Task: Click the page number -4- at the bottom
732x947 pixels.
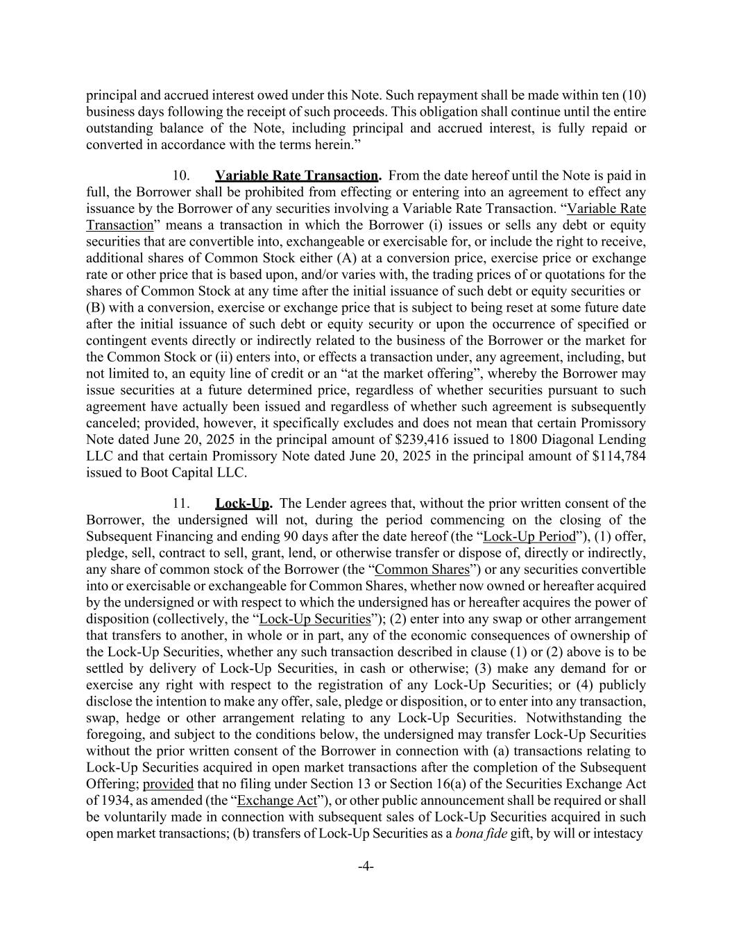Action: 366,866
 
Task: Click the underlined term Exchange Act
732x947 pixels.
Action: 277,801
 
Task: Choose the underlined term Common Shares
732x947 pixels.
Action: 422,570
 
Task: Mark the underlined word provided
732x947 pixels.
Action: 168,784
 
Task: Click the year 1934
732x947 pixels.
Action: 112,801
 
